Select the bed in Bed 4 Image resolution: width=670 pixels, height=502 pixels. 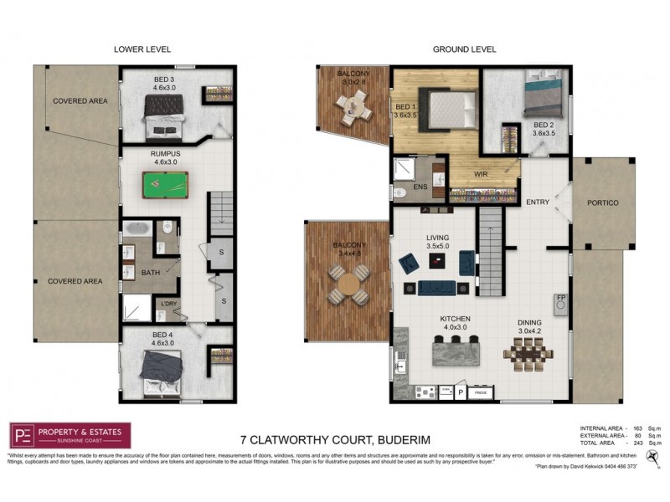coord(159,371)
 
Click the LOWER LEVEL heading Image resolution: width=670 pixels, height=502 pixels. coord(142,49)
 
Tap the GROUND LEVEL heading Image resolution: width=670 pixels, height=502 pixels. coord(465,49)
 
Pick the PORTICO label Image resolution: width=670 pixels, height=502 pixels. coord(602,202)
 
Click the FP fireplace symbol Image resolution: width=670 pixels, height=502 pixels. coord(562,297)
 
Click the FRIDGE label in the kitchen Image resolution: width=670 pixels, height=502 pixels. coord(481,392)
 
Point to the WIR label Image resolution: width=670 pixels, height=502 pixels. coord(481,174)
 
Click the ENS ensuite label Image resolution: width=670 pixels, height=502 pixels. coord(420,187)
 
